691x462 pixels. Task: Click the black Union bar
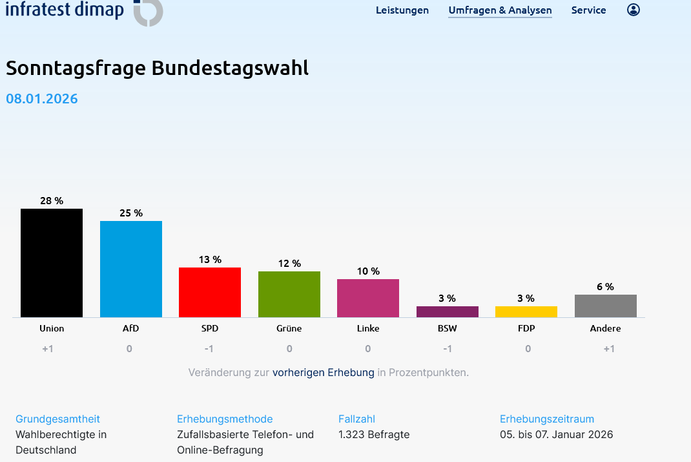(x=52, y=263)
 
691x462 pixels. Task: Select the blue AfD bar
(x=131, y=269)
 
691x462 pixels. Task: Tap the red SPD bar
(x=210, y=292)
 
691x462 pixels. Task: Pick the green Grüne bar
(x=289, y=294)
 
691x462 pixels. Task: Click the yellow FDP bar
(x=526, y=311)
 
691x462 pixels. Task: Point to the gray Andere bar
(x=606, y=306)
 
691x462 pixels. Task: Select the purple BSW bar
(x=448, y=311)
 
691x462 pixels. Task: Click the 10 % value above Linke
(x=368, y=271)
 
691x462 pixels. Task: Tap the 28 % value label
(x=52, y=201)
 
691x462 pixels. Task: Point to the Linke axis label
(x=368, y=328)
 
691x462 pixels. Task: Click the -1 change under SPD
(x=209, y=349)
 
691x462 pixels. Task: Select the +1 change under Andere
(x=608, y=349)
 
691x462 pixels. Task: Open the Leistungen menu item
(x=402, y=10)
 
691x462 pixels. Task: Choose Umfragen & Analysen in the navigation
(x=500, y=10)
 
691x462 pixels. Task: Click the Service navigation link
(x=588, y=10)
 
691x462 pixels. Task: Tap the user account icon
(x=634, y=10)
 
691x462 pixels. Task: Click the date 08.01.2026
(x=42, y=99)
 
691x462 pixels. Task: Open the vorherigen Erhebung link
(x=323, y=373)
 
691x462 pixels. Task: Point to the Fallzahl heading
(x=356, y=419)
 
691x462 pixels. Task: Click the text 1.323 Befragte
(x=374, y=434)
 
